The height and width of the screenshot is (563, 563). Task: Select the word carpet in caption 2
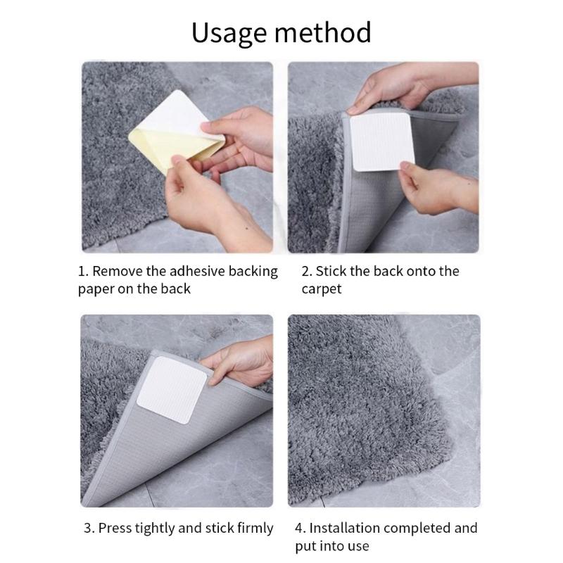[x=322, y=289]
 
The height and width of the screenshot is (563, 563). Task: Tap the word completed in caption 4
[x=419, y=528]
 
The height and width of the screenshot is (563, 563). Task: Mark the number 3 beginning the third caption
[x=87, y=528]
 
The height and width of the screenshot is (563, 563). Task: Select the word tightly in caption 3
[x=158, y=528]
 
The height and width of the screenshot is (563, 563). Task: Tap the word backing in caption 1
[x=253, y=271]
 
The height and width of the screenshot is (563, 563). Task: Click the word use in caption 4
[x=358, y=545]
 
